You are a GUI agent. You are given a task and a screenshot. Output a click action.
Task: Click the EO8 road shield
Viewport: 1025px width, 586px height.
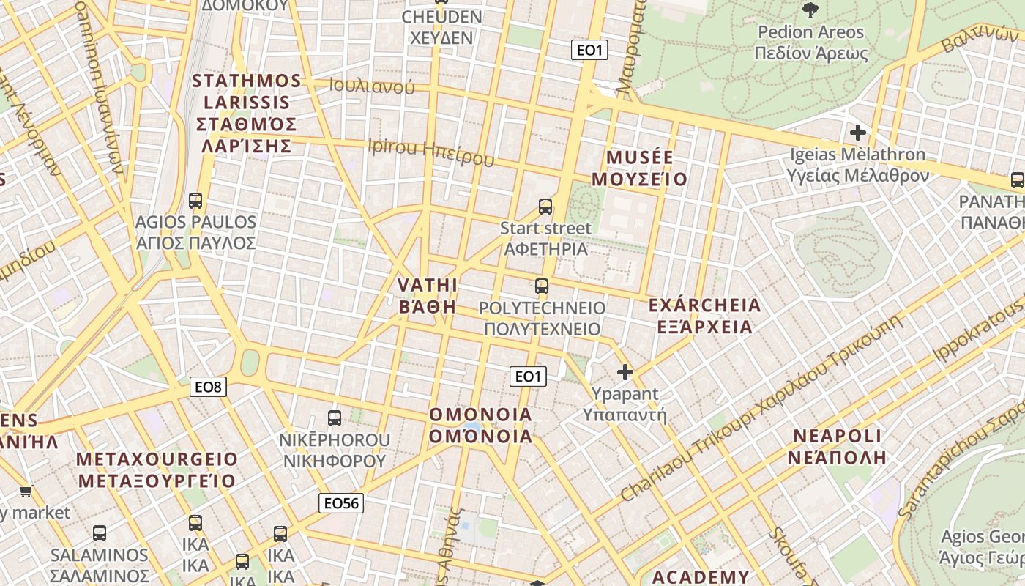pos(209,387)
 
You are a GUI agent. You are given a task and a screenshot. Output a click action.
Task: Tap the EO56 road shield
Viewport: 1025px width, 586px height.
pos(342,502)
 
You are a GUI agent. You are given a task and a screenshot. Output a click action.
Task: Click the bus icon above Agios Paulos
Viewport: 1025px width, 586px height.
pos(195,200)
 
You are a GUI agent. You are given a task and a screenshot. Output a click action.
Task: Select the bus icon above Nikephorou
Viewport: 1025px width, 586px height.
pos(335,418)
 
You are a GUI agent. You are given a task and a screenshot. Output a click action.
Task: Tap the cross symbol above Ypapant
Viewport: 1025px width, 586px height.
pos(625,372)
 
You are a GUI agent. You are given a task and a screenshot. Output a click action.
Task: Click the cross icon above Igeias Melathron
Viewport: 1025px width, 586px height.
pos(857,133)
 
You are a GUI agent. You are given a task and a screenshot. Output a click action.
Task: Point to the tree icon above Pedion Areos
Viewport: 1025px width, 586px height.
pos(810,10)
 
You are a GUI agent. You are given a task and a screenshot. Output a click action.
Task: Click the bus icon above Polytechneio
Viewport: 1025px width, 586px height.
pos(542,286)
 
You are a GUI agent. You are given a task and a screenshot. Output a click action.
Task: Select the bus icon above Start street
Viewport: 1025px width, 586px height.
pos(545,207)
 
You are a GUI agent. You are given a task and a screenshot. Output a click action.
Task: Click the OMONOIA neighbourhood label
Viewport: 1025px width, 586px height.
pos(480,425)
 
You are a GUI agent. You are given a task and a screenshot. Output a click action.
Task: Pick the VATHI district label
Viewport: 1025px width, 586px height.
pos(428,295)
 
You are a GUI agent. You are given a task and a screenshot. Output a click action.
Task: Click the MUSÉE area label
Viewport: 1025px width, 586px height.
pos(640,168)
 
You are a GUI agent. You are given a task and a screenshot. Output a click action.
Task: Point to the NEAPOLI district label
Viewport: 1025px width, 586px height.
pos(837,447)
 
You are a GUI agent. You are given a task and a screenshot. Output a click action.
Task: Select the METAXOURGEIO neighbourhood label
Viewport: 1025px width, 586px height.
pos(157,470)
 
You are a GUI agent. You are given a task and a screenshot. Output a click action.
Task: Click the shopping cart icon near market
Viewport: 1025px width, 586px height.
pos(26,492)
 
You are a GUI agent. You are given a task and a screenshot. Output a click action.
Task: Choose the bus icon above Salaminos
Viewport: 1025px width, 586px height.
pos(100,533)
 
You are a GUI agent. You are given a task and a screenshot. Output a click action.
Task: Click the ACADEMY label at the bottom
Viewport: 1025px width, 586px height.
pos(701,577)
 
